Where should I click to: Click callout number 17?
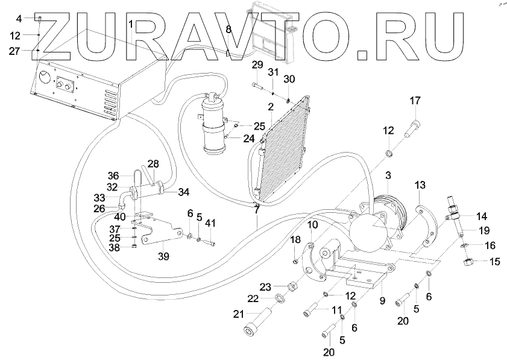point(414,100)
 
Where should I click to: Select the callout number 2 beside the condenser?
point(271,107)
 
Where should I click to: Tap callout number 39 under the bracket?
point(163,256)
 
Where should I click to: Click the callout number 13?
point(420,184)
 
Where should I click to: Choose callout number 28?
point(153,163)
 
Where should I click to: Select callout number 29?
point(257,65)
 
